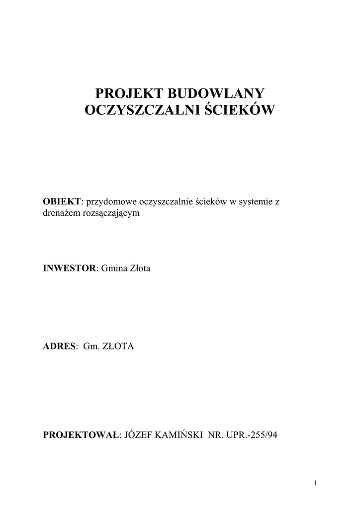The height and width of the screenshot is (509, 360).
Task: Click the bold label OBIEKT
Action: tap(62, 201)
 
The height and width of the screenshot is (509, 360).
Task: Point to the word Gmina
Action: tap(114, 268)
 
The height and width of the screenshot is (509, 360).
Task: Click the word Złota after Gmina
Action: tap(139, 268)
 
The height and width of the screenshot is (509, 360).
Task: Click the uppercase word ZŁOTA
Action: tap(118, 346)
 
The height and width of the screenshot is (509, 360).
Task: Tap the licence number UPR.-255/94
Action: tap(251, 435)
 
